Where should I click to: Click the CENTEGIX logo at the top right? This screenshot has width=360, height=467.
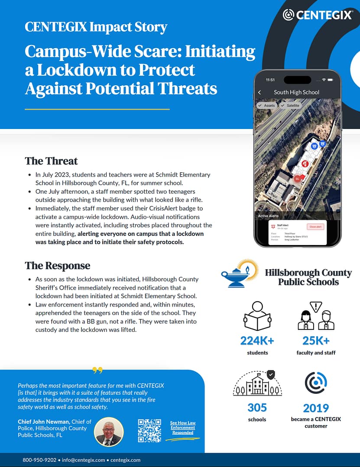[x=318, y=15]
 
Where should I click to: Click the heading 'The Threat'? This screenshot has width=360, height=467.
[x=51, y=161]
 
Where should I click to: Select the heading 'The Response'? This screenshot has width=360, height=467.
[x=57, y=266]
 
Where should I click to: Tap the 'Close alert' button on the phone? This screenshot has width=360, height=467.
[x=315, y=227]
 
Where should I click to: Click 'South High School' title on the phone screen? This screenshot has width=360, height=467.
[x=296, y=92]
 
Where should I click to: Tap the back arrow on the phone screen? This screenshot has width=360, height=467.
[x=259, y=92]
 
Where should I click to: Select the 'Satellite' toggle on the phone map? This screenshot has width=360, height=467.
[x=290, y=106]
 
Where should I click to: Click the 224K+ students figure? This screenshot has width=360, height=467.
[x=257, y=341]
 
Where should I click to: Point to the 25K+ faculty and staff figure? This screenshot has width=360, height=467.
[x=316, y=341]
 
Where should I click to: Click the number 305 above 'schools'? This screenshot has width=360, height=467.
[x=257, y=408]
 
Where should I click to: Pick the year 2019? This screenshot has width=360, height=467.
[x=316, y=408]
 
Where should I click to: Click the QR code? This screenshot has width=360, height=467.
[x=149, y=431]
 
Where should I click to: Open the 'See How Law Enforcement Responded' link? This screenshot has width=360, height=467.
[x=182, y=428]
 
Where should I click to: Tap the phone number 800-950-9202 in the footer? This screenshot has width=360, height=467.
[x=39, y=460]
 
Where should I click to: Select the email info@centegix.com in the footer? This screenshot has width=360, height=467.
[x=83, y=460]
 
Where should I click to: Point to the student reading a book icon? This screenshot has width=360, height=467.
[x=257, y=316]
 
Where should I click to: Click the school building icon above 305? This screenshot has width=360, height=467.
[x=257, y=383]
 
